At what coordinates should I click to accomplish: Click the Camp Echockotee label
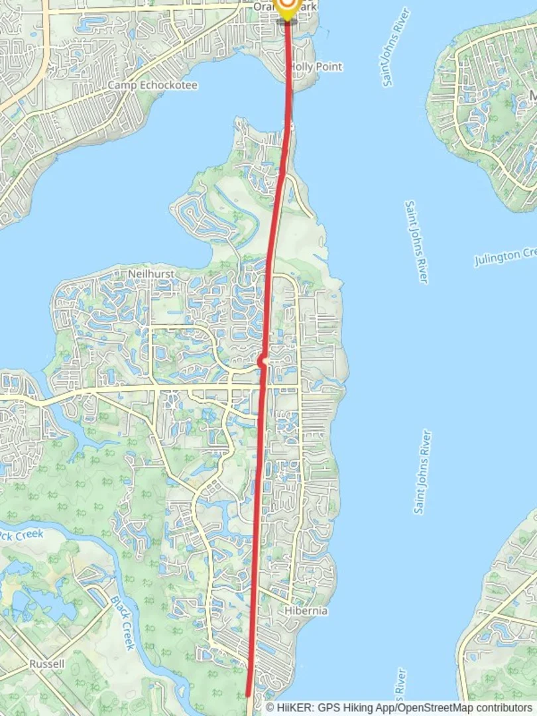(x=152, y=86)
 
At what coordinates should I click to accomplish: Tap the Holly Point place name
(x=316, y=67)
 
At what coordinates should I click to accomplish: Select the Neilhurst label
(x=152, y=273)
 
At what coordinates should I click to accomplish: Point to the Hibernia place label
(x=306, y=611)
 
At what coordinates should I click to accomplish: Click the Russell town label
(x=47, y=664)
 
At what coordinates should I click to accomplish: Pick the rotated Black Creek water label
(x=123, y=623)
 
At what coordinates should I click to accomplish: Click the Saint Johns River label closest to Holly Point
(x=396, y=47)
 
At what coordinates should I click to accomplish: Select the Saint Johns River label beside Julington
(x=417, y=242)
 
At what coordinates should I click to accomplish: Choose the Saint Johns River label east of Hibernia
(x=423, y=472)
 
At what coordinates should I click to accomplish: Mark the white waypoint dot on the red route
(x=263, y=361)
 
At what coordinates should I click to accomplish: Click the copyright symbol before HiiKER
(x=270, y=707)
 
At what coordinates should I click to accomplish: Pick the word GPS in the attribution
(x=329, y=707)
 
